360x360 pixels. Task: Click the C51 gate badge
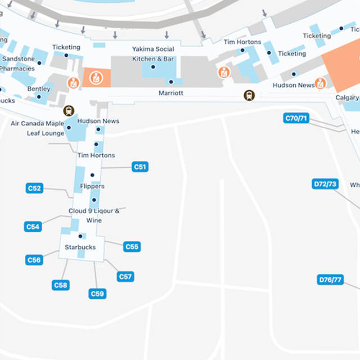(x=140, y=167)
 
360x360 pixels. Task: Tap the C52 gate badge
(x=35, y=188)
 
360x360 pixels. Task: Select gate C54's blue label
(x=33, y=227)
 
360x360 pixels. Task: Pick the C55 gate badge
(x=132, y=247)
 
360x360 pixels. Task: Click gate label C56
(x=34, y=260)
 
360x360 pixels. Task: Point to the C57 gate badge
(x=125, y=277)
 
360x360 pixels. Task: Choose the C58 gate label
(x=61, y=285)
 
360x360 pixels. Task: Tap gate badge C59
(x=97, y=294)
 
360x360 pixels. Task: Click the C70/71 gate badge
(x=296, y=118)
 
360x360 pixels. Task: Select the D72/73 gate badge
(x=325, y=184)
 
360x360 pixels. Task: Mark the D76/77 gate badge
(x=330, y=280)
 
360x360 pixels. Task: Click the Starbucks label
(x=80, y=247)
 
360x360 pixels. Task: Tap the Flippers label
(x=92, y=186)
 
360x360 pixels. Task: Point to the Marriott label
(x=170, y=93)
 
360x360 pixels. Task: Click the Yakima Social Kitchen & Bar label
(x=153, y=54)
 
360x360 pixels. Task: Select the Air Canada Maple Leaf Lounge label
(x=38, y=128)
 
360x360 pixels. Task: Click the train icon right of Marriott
(x=249, y=96)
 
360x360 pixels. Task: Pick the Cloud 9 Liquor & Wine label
(x=94, y=215)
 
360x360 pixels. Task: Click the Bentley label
(x=39, y=89)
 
